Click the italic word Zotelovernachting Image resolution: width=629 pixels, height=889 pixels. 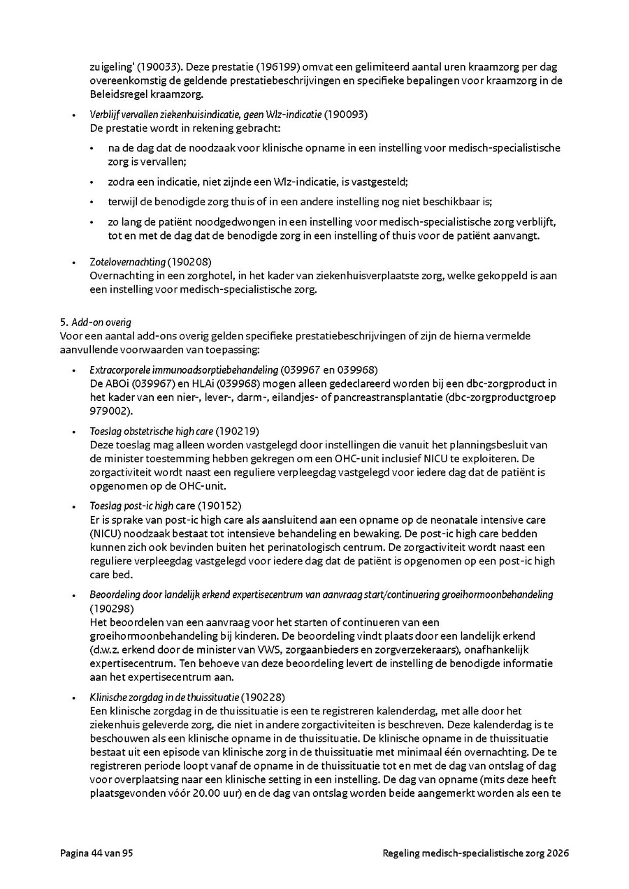(127, 262)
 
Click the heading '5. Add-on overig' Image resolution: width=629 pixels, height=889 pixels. (96, 323)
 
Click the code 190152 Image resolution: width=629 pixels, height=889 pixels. (222, 506)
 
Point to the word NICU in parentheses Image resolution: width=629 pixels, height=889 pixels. (106, 534)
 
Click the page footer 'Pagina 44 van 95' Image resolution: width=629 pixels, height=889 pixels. (96, 853)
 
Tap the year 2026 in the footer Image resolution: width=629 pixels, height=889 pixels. (558, 853)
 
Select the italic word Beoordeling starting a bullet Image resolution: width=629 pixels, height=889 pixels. (113, 594)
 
